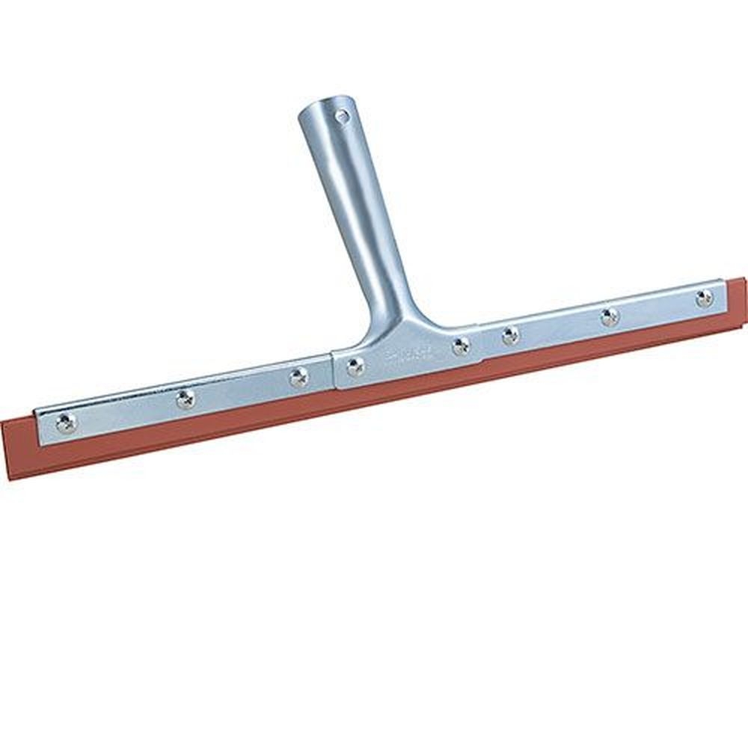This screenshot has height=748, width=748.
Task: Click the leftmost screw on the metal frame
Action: click(x=66, y=423)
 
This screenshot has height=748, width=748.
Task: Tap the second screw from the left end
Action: click(x=185, y=399)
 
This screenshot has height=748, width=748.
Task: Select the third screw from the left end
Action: click(x=298, y=378)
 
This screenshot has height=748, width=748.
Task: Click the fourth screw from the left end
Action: click(x=355, y=367)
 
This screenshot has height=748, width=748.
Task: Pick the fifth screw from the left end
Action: click(x=461, y=346)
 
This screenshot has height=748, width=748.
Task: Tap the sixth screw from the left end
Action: click(x=510, y=336)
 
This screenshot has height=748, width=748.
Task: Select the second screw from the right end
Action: click(x=610, y=317)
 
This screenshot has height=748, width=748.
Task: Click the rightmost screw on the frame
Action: click(x=704, y=298)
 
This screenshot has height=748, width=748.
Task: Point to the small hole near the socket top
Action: click(x=342, y=117)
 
